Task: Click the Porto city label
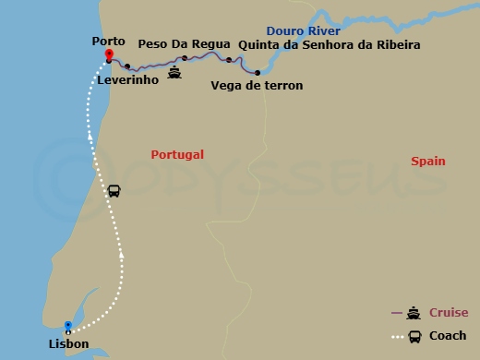tap(108, 41)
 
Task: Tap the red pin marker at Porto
tap(109, 54)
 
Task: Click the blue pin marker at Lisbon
tap(68, 326)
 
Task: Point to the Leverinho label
tap(126, 80)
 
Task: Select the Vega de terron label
tap(269, 86)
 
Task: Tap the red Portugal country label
tap(177, 155)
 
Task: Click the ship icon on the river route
tap(174, 70)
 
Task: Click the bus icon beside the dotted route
tap(114, 191)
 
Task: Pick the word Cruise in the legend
tap(448, 313)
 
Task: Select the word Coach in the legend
tap(447, 336)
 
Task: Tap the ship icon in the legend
tap(414, 313)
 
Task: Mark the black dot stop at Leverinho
tap(127, 66)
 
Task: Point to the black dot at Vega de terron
tap(257, 73)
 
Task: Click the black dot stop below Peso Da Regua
tap(185, 58)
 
